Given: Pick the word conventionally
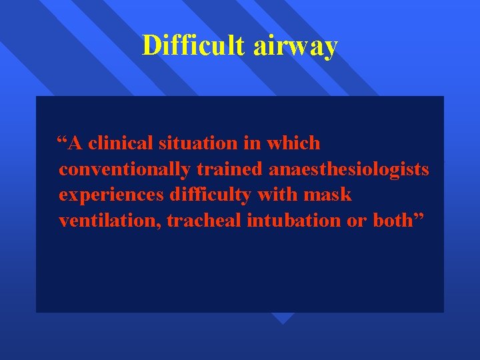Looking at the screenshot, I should [x=125, y=170].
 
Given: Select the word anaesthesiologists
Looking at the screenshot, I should [x=349, y=170].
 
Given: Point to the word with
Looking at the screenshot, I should [x=279, y=195].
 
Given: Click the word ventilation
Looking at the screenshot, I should [x=109, y=221].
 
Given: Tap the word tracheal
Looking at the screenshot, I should [x=203, y=221].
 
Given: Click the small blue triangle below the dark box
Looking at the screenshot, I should [x=283, y=318].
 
